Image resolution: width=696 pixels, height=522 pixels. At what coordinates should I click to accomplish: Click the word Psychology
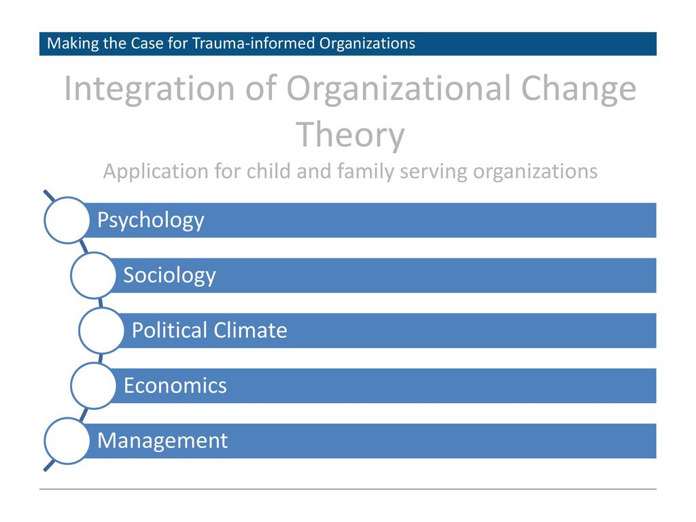click(150, 221)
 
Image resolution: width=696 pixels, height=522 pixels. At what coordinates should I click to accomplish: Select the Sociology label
click(169, 276)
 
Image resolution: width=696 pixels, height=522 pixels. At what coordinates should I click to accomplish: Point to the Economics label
click(175, 385)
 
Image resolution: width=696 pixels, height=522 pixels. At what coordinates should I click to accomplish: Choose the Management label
click(162, 441)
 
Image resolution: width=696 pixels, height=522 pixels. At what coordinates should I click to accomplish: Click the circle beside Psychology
click(67, 220)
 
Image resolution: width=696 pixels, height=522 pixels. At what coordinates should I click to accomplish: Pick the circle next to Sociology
click(93, 275)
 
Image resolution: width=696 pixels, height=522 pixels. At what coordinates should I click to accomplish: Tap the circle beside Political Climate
click(101, 330)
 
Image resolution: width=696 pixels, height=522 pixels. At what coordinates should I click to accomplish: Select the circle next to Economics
click(93, 386)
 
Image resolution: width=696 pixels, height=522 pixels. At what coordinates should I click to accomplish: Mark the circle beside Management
click(67, 440)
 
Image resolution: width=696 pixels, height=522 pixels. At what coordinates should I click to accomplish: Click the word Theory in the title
click(350, 135)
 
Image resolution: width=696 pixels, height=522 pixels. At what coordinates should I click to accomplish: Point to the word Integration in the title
click(149, 90)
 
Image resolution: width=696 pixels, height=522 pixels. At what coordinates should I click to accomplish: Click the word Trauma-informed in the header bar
click(254, 43)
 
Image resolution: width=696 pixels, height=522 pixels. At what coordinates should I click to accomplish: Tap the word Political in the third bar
click(170, 330)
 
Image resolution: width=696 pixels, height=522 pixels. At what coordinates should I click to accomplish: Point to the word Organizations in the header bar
click(367, 44)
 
